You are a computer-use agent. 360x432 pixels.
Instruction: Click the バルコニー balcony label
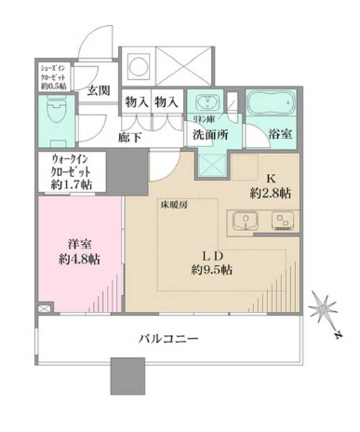click(169, 341)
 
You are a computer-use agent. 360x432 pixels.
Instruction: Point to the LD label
click(212, 253)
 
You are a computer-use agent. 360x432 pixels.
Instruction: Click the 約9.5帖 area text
click(212, 270)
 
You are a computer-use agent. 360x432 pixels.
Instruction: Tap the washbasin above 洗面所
click(204, 101)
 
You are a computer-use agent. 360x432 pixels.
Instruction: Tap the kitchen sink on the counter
click(247, 222)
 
